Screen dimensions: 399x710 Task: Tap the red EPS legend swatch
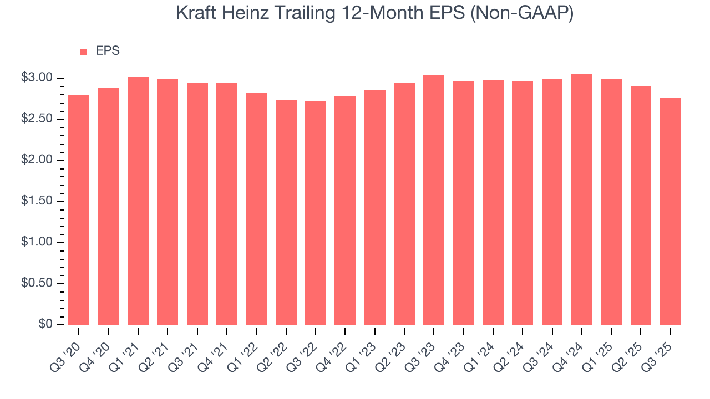(83, 52)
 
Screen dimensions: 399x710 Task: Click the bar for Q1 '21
(138, 201)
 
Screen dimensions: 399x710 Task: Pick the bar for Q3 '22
(316, 213)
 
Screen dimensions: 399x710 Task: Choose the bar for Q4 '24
(582, 199)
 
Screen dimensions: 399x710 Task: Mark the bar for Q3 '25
(671, 211)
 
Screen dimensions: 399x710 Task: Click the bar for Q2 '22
(286, 212)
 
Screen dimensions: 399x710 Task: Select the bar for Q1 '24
(493, 202)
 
